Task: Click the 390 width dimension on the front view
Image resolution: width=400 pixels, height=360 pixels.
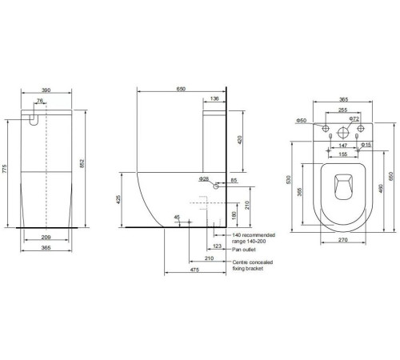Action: pos(46,90)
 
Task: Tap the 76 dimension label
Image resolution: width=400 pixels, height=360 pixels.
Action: pos(40,101)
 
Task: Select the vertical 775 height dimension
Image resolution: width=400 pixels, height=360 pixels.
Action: pos(5,169)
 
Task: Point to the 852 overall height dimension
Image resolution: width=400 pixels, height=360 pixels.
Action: pos(82,163)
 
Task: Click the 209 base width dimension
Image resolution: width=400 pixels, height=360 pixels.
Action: pos(46,237)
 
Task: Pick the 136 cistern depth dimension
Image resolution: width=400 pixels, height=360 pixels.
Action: pos(214,98)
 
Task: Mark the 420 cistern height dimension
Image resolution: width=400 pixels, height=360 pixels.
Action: pos(239,140)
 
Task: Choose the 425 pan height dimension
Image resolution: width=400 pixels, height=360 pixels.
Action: pos(118,199)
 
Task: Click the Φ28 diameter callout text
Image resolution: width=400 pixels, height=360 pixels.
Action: pos(204,179)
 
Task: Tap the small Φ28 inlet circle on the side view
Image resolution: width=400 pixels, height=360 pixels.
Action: pos(216,186)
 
